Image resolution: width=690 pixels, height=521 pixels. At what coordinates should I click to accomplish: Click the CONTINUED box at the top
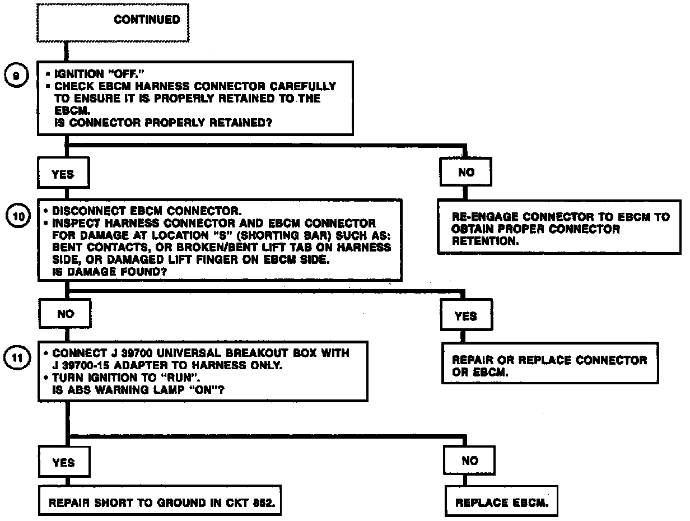pyautogui.click(x=113, y=22)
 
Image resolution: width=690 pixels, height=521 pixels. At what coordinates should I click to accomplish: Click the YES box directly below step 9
pyautogui.click(x=63, y=174)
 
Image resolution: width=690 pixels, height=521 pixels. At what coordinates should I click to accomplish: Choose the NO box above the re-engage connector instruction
pyautogui.click(x=466, y=173)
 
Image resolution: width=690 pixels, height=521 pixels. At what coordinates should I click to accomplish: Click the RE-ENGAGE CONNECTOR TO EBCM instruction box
pyautogui.click(x=561, y=229)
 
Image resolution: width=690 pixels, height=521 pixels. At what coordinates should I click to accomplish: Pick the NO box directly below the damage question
pyautogui.click(x=66, y=314)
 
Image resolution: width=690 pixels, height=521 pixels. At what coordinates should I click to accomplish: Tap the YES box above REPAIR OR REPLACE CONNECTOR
pyautogui.click(x=466, y=316)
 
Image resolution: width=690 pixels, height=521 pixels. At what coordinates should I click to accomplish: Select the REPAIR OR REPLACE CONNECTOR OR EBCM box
pyautogui.click(x=549, y=365)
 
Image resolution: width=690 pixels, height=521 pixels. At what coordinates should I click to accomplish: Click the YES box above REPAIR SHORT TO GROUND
pyautogui.click(x=63, y=463)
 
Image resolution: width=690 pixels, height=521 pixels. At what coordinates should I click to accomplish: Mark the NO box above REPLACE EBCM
pyautogui.click(x=470, y=460)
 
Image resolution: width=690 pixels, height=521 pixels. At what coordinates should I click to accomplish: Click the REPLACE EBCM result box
pyautogui.click(x=502, y=503)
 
